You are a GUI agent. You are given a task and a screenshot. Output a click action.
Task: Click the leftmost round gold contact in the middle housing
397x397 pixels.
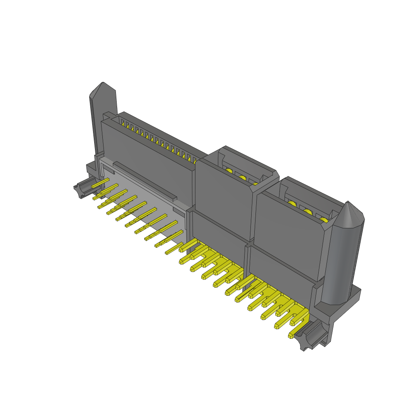tap(229, 171)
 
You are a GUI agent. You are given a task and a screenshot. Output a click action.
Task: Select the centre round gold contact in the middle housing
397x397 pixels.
tap(243, 178)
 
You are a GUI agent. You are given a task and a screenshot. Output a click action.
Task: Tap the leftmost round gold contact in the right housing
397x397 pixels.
tap(292, 205)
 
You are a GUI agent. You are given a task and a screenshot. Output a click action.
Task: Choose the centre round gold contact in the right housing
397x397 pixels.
tap(308, 212)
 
